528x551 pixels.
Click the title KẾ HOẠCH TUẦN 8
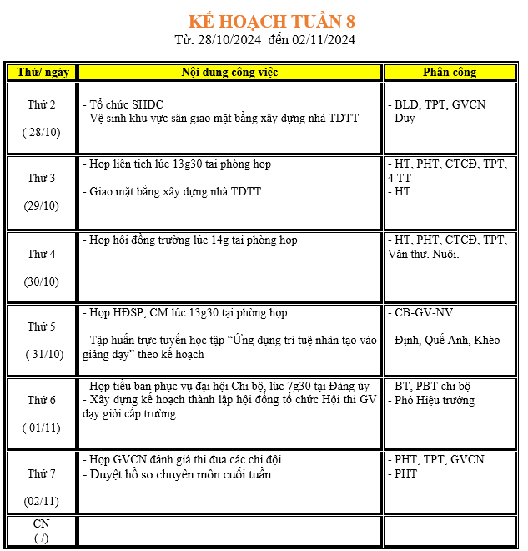pyautogui.click(x=272, y=21)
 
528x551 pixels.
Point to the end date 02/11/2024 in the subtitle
pyautogui.click(x=324, y=40)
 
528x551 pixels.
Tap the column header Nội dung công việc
pyautogui.click(x=229, y=73)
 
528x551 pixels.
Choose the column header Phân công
pyautogui.click(x=450, y=73)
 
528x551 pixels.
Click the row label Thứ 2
pyautogui.click(x=42, y=105)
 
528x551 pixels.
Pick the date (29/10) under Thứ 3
pyautogui.click(x=42, y=205)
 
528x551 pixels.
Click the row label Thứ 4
pyautogui.click(x=42, y=254)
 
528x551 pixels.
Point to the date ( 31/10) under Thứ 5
pyautogui.click(x=43, y=354)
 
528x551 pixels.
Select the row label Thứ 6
pyautogui.click(x=42, y=400)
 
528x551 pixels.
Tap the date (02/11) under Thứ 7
pyautogui.click(x=42, y=501)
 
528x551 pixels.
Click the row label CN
pyautogui.click(x=42, y=523)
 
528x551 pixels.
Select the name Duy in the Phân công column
pyautogui.click(x=404, y=119)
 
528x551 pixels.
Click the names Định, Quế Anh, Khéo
pyautogui.click(x=447, y=341)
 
